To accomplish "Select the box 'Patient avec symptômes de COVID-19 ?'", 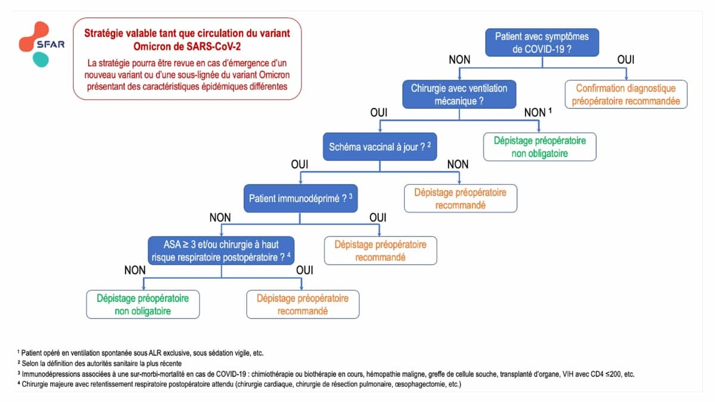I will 542,43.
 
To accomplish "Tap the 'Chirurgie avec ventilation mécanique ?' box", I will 459,95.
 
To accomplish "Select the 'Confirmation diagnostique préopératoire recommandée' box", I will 626,95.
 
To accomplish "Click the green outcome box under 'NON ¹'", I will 540,147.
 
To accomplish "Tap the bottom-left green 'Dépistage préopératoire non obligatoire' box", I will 142,304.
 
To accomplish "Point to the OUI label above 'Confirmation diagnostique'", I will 626,60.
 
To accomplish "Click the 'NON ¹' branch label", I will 538,112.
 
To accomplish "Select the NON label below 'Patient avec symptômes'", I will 459,60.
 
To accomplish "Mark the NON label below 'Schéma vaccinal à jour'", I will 458,164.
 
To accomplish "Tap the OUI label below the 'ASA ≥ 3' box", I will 304,270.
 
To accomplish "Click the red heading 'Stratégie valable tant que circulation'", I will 187,33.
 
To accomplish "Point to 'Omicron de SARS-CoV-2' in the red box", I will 187,46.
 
